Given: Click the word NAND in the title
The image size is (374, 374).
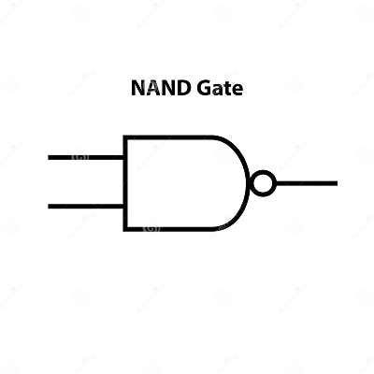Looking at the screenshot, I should [157, 90].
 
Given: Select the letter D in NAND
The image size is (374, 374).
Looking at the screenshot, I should [180, 90].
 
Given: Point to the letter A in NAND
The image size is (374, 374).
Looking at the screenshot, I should [150, 90].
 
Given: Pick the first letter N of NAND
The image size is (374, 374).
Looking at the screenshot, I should [136, 90].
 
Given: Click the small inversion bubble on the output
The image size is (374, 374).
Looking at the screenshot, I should [264, 183].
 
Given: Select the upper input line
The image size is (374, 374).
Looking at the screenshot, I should [86, 157].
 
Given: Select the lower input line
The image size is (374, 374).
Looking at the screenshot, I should [86, 207].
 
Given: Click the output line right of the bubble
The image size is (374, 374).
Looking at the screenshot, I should [306, 183].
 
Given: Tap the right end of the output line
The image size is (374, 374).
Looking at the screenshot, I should [335, 183].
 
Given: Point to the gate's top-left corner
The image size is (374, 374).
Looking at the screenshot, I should [125, 138].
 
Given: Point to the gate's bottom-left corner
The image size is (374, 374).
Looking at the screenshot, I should [125, 228].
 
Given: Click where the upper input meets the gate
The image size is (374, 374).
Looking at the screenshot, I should [125, 157].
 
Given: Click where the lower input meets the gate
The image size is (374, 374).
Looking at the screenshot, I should [125, 207].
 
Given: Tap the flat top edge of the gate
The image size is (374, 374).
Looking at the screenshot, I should [168, 138].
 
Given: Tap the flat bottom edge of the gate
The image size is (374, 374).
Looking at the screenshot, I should [168, 228].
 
